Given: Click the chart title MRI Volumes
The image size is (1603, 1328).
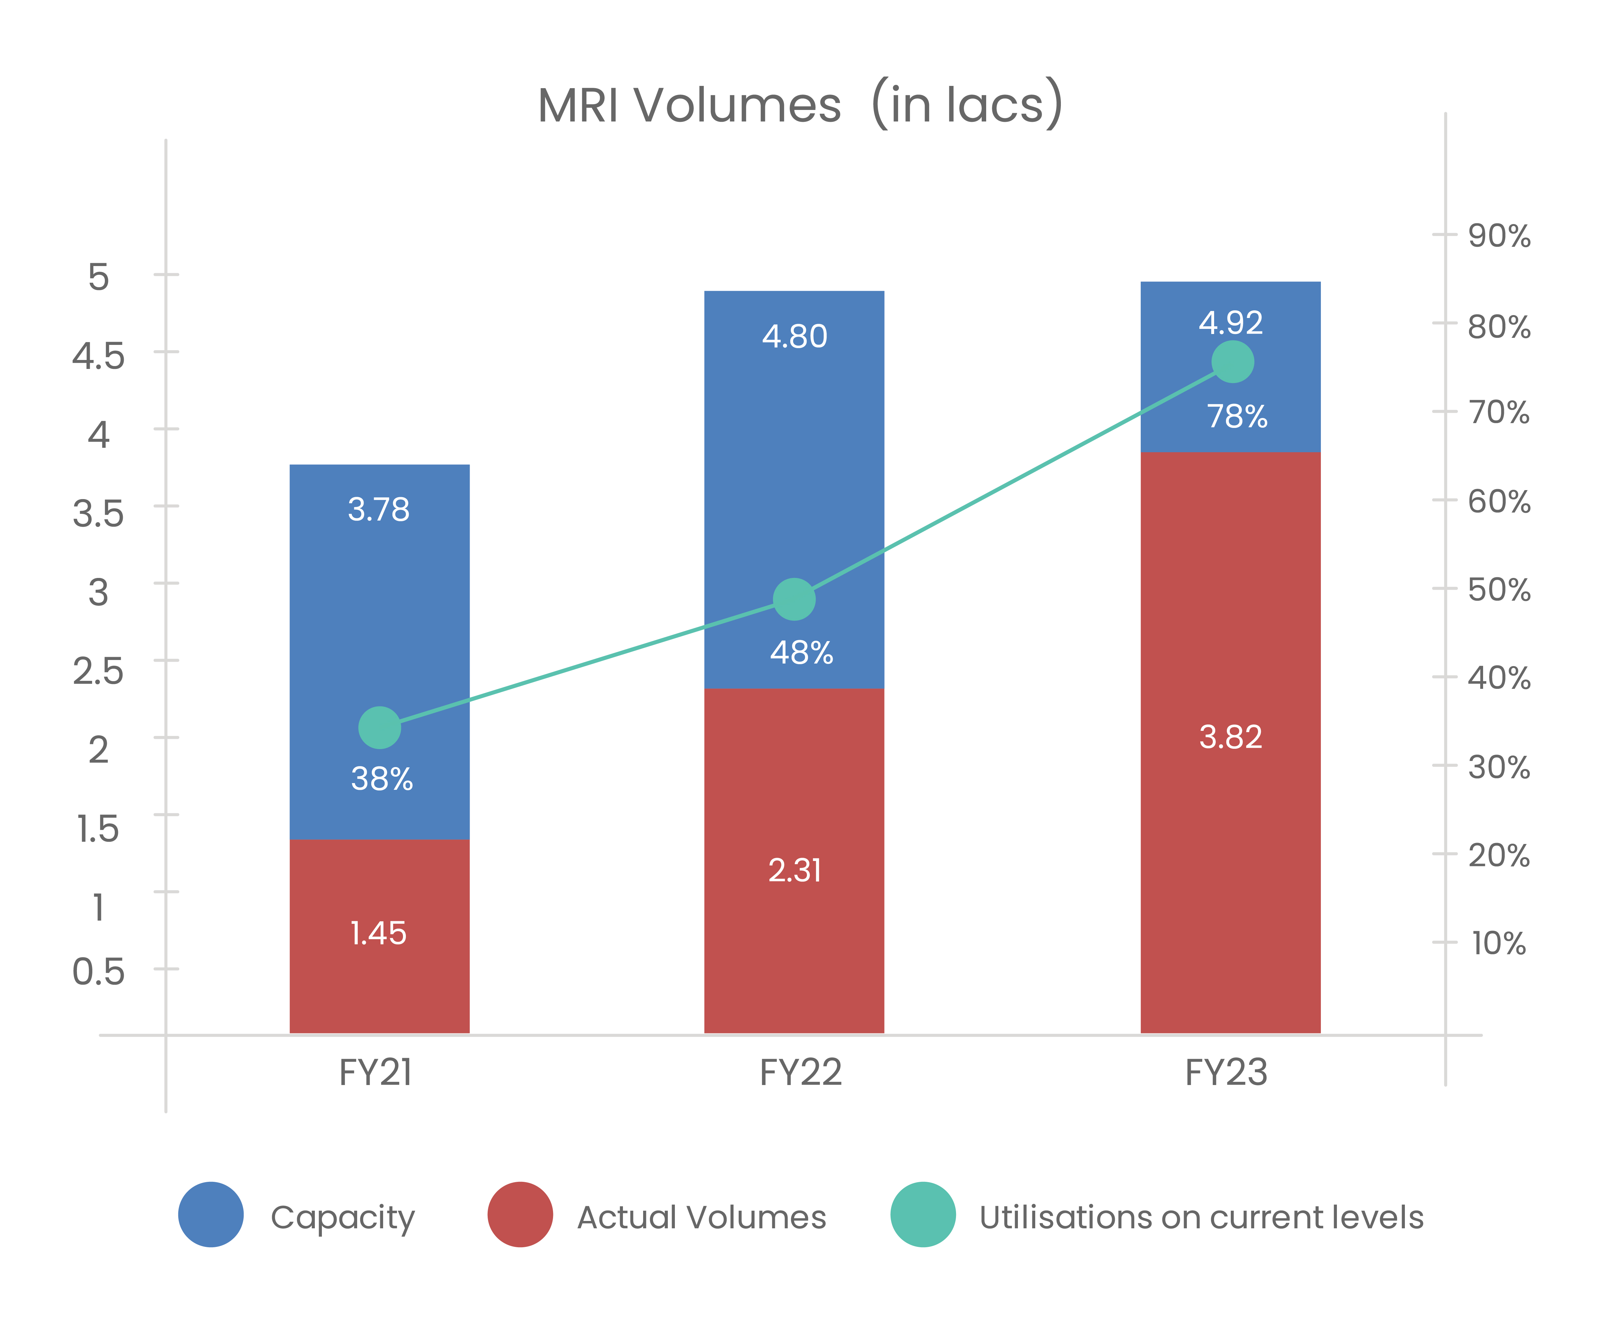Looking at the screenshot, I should pos(800,104).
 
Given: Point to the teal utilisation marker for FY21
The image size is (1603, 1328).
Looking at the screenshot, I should pos(379,727).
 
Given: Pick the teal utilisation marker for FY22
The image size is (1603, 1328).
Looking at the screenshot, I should pos(794,599).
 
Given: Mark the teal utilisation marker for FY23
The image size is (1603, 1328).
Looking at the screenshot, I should pos(1232,362).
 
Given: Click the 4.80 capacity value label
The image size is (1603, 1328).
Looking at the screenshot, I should pos(794,337).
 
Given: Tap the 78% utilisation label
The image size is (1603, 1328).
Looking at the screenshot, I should pos(1237,417).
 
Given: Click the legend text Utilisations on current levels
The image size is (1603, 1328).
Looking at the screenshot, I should pos(1201,1217).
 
